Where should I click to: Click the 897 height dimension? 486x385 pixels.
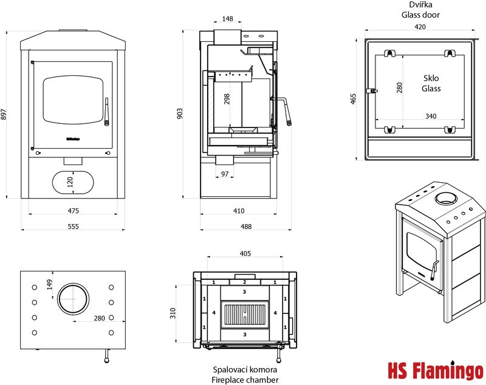4,114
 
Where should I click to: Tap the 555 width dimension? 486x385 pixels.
73,226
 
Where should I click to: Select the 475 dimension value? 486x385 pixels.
73,211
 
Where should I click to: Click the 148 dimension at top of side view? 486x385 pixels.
228,19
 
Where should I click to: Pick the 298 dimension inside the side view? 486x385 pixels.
227,99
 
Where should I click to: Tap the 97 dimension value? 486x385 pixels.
225,174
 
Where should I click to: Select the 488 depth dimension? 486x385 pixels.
238,226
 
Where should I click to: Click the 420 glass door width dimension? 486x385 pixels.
420,27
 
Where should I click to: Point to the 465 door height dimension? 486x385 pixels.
354,99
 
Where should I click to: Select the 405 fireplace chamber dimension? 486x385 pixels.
245,254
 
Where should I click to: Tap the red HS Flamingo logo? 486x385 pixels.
435,370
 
